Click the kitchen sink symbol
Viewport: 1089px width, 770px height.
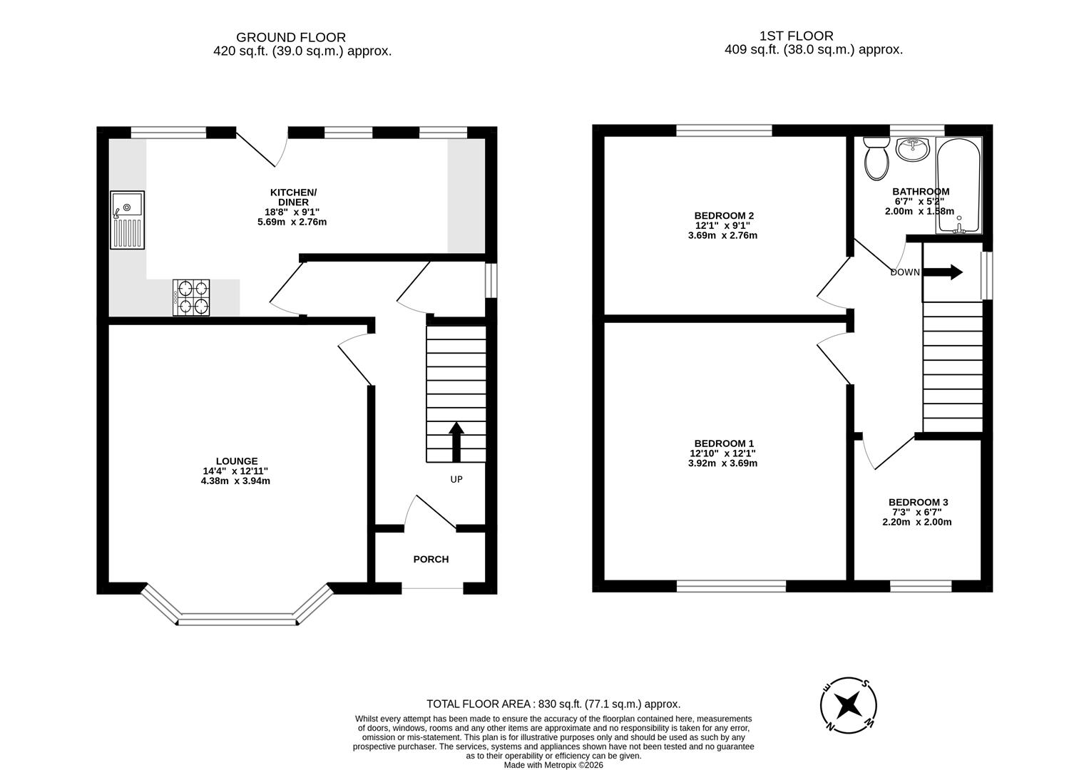[x=127, y=220]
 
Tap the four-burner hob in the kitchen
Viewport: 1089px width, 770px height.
[x=191, y=297]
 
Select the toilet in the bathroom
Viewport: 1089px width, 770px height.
[x=876, y=158]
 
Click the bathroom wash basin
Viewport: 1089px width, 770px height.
[x=913, y=150]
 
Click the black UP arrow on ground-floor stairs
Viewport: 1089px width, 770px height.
[x=456, y=442]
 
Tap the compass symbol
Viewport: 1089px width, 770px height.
[x=848, y=705]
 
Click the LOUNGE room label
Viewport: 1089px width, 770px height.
[x=237, y=461]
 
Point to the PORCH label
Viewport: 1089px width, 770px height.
[x=431, y=560]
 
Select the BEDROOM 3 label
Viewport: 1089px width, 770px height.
[x=917, y=503]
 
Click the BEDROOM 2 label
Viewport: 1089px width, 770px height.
[x=724, y=215]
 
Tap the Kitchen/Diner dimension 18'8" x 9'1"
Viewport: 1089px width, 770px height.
[x=292, y=212]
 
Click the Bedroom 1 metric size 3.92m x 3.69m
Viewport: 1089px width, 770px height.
[x=722, y=463]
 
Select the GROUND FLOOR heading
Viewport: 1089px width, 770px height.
[x=291, y=37]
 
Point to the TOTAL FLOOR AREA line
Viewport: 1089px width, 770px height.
[x=553, y=704]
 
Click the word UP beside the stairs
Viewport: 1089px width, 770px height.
[x=456, y=480]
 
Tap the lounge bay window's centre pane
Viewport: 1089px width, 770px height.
[x=237, y=620]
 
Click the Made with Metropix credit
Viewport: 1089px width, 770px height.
[x=553, y=765]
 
